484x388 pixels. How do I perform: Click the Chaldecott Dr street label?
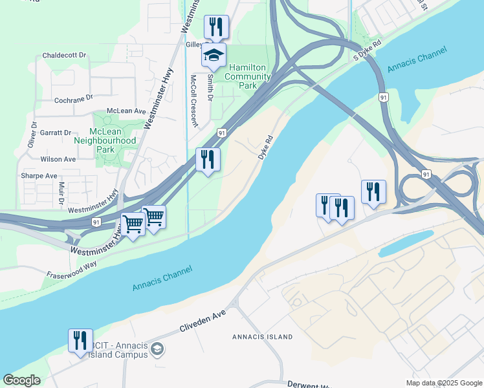click(x=64, y=56)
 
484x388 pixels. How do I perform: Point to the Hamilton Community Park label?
click(x=248, y=72)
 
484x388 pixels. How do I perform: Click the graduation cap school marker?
click(x=214, y=56)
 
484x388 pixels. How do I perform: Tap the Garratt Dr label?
click(x=55, y=133)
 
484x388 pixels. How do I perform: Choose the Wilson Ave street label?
click(x=58, y=159)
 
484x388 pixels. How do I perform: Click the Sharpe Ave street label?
click(x=39, y=176)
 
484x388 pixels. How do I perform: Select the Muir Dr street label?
click(x=61, y=193)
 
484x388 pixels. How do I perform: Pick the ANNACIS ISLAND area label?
click(x=263, y=337)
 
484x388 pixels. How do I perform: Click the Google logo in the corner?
click(x=21, y=381)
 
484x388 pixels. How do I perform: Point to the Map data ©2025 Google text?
click(x=443, y=383)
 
